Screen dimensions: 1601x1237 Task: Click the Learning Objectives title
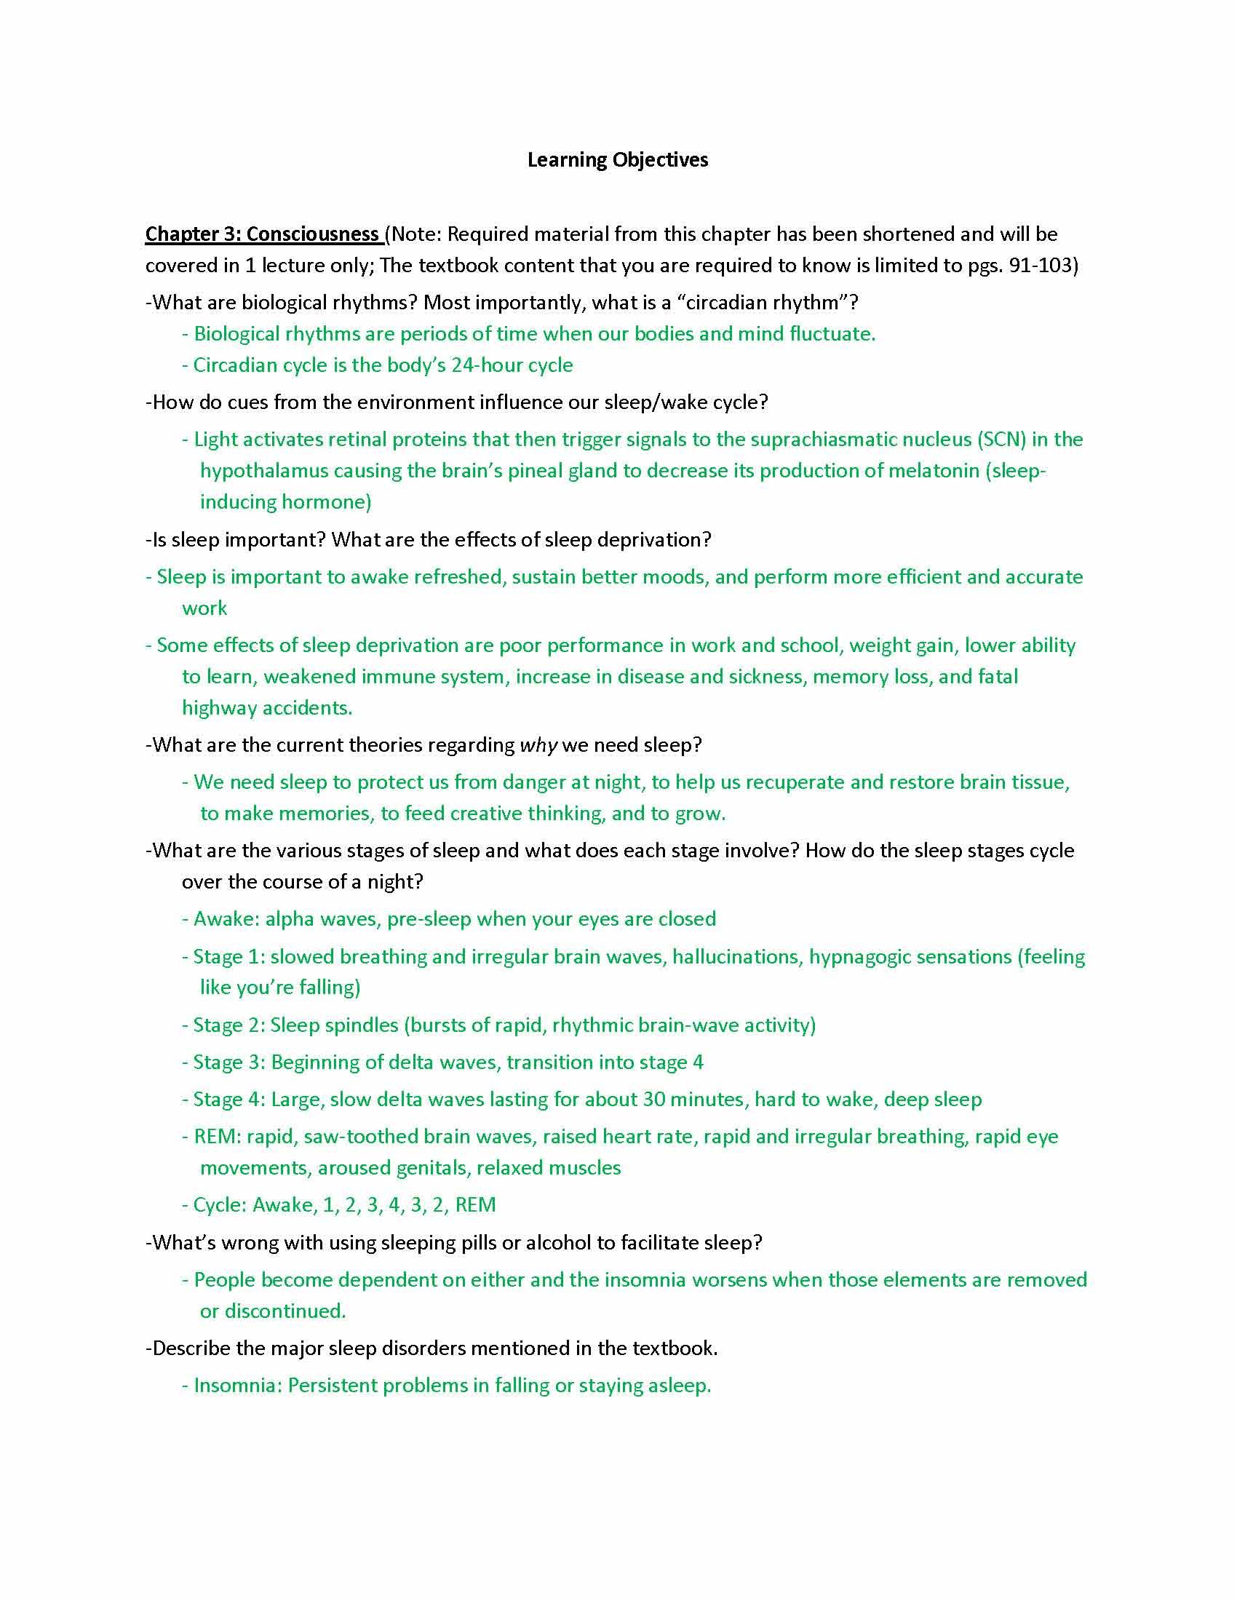coord(617,160)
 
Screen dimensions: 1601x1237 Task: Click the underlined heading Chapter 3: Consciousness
coord(262,234)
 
